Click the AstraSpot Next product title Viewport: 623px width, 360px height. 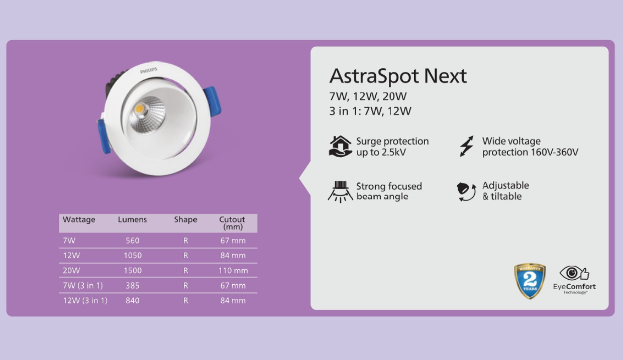[x=398, y=76]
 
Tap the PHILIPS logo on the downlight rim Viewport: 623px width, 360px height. [x=149, y=71]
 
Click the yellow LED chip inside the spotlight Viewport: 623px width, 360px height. [x=140, y=108]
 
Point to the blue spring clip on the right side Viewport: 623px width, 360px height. [x=213, y=101]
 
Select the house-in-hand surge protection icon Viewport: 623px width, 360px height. [x=340, y=147]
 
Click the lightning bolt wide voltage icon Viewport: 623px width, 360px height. [x=466, y=146]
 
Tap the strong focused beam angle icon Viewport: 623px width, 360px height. [x=340, y=191]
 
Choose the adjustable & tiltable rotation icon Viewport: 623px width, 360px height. [x=466, y=191]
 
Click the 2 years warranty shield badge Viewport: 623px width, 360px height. [x=530, y=281]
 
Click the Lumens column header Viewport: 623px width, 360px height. [x=132, y=219]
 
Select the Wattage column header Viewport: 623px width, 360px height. [x=79, y=219]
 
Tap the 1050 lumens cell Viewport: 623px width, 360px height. [x=133, y=256]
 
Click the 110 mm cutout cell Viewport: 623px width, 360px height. [x=233, y=271]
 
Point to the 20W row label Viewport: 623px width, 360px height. [x=71, y=271]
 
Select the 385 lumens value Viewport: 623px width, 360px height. [x=133, y=286]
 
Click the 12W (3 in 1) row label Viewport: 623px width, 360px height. [x=85, y=301]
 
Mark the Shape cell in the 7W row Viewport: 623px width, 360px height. [x=185, y=241]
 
